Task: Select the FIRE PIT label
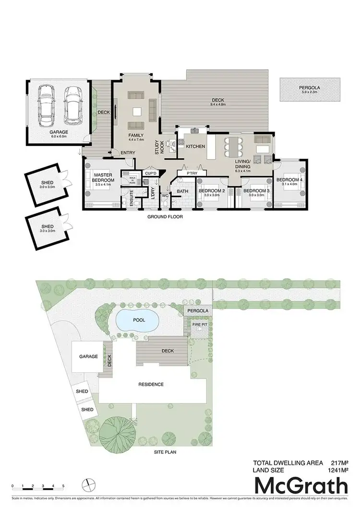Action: point(200,325)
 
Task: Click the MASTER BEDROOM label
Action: point(103,178)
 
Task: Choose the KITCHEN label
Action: point(195,146)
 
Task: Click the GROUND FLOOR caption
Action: point(165,216)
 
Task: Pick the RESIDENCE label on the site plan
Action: point(151,384)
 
